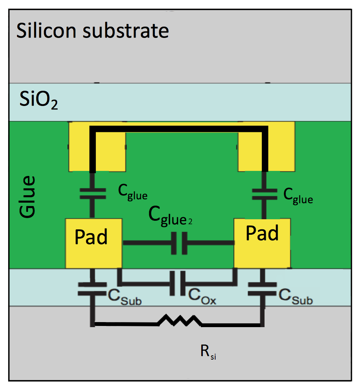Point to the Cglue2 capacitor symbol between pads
tap(179, 243)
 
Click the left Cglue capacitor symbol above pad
tap(92, 193)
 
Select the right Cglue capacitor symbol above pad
tap(264, 193)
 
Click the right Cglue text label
tap(298, 196)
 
